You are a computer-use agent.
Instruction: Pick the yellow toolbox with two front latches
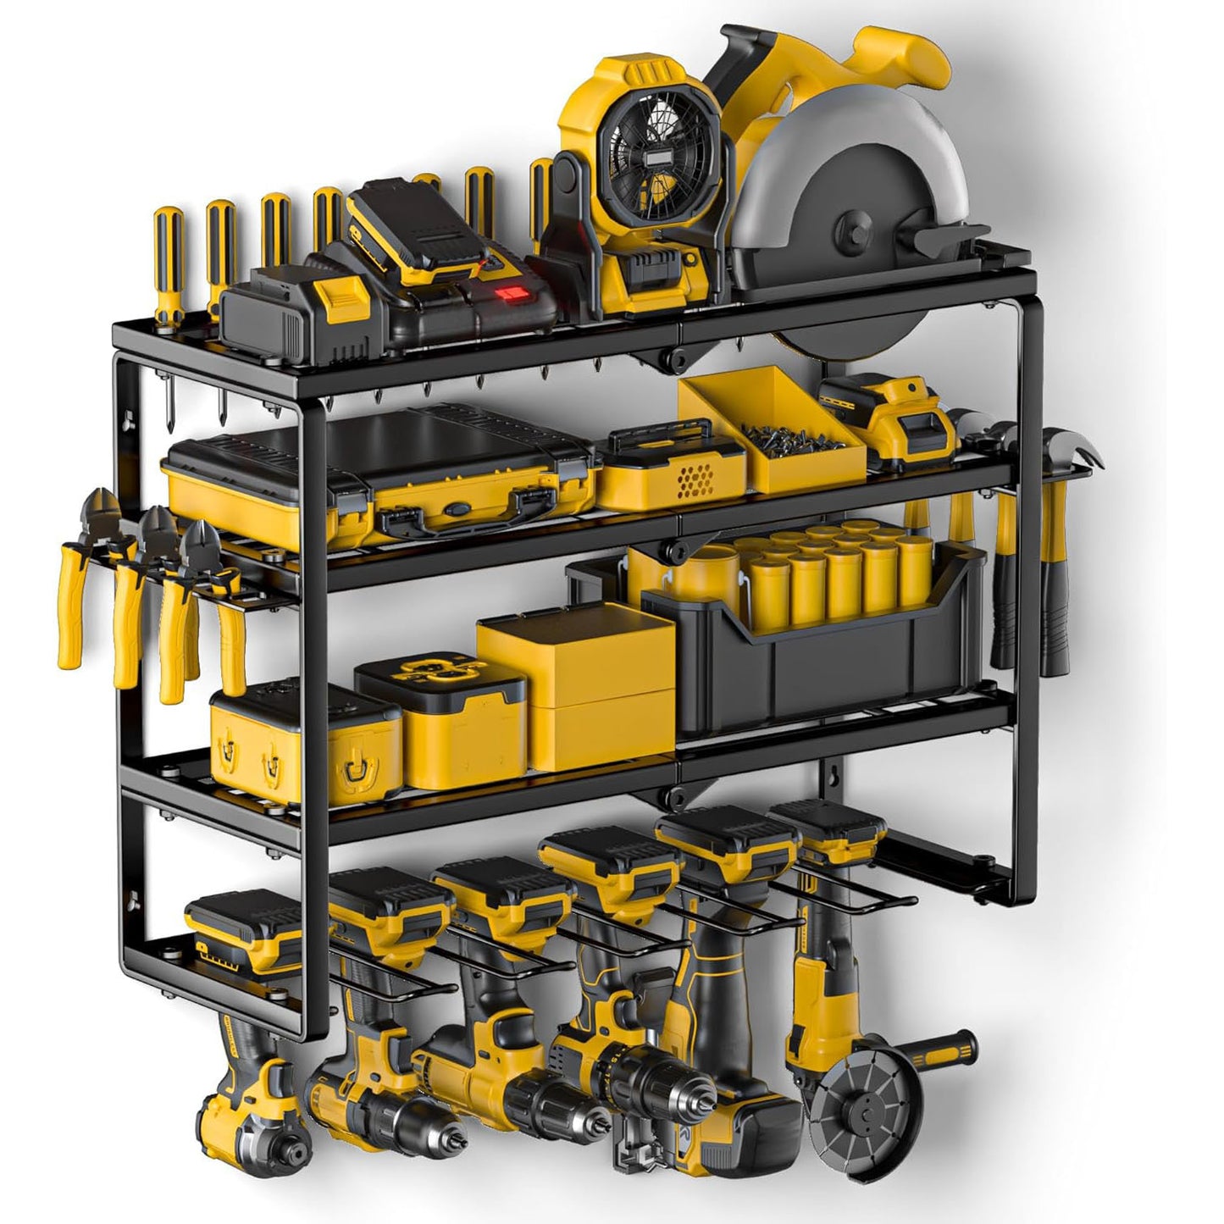pyautogui.click(x=301, y=737)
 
